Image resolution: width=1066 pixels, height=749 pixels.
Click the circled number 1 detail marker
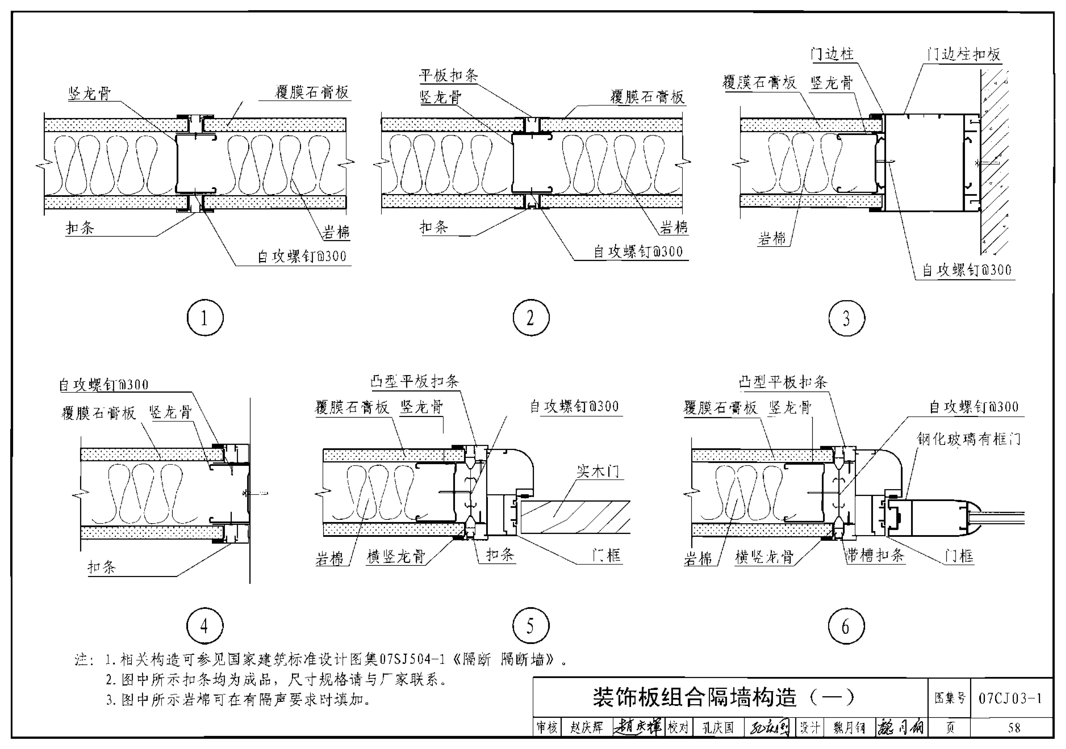205,318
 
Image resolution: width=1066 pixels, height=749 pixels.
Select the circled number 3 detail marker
846,318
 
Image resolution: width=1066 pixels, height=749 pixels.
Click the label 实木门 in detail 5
598,471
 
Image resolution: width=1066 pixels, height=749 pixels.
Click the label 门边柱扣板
963,54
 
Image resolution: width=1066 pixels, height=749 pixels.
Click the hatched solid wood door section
576,517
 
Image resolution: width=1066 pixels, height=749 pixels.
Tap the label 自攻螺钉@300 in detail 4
104,385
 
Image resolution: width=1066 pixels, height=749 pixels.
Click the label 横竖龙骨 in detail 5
396,556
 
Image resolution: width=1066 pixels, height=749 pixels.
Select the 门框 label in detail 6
959,556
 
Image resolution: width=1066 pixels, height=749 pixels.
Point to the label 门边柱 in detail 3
832,54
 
